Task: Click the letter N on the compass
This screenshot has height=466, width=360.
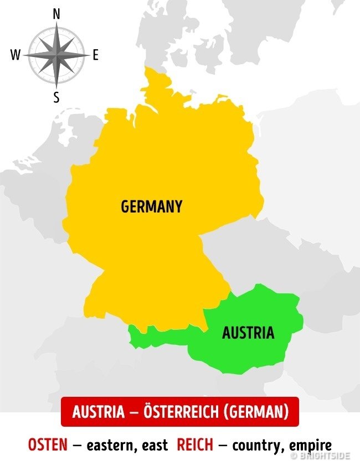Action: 56,14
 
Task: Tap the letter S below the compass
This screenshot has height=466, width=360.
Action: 56,98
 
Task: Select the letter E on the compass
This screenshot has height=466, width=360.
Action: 95,55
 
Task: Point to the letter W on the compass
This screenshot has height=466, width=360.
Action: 15,55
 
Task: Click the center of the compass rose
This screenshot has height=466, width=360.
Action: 56,55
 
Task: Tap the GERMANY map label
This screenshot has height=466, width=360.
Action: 151,207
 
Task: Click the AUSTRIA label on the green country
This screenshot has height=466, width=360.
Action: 248,333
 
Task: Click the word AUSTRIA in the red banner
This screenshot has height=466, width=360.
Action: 99,412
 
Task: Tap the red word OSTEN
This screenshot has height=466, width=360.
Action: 48,444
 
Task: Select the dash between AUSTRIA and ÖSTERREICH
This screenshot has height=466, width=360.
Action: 132,412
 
